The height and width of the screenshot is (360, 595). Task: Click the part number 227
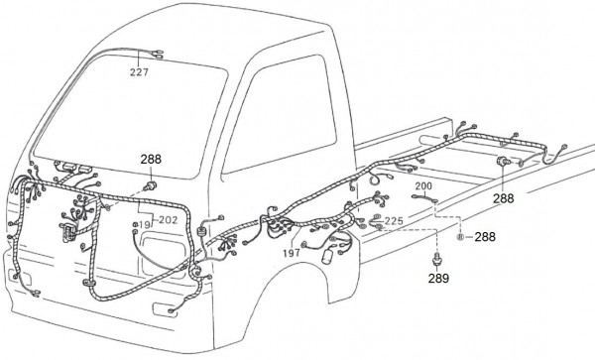[139, 72]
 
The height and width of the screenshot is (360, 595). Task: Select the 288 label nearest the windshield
[151, 160]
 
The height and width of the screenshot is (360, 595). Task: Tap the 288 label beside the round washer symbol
[485, 237]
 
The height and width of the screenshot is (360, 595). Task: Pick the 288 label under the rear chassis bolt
[503, 198]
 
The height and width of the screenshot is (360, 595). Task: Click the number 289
[438, 279]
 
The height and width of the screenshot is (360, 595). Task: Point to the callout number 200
[423, 186]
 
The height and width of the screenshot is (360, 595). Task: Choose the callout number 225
[394, 221]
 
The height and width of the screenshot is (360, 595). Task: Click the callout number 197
[292, 253]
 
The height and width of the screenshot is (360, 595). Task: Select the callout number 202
[169, 220]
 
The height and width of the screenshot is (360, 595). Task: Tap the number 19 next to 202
[145, 225]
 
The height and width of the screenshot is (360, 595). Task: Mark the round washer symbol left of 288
[460, 237]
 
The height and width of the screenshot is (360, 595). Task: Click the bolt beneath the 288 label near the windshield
[150, 185]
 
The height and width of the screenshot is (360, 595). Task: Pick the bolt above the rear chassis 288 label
[504, 161]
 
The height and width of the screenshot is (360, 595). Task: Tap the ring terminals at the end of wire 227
[159, 54]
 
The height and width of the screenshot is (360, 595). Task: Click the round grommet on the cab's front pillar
[201, 231]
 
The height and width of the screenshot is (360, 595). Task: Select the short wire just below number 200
[424, 197]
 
